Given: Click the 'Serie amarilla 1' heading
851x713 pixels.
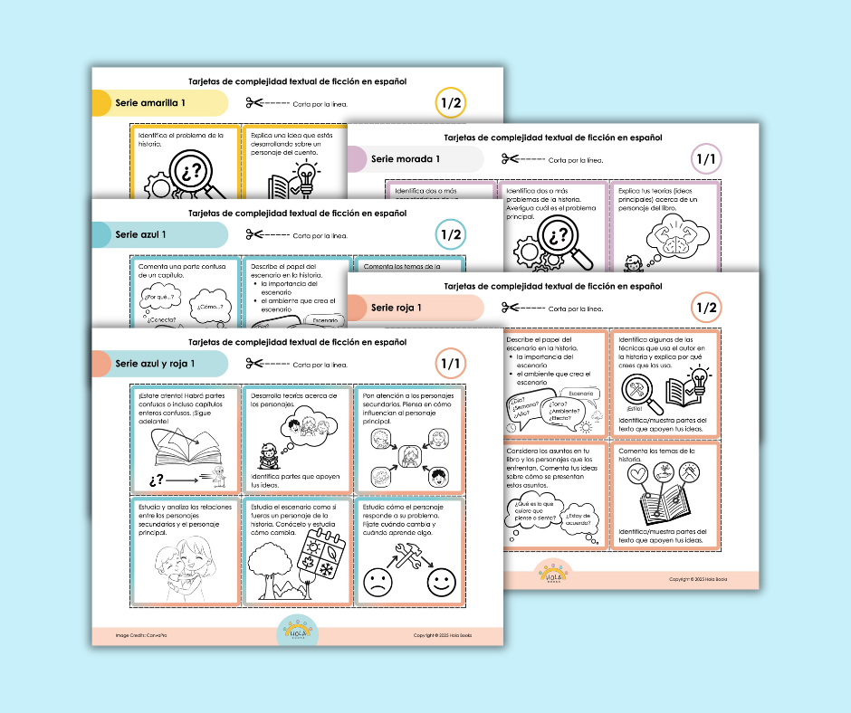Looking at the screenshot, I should [x=150, y=103].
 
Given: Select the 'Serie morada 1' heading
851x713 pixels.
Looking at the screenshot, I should [x=405, y=159].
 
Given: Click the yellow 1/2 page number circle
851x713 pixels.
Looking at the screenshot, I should [x=450, y=103].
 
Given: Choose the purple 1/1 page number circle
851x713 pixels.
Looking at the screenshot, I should [x=705, y=160].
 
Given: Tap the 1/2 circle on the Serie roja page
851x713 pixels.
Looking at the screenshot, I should [x=706, y=308].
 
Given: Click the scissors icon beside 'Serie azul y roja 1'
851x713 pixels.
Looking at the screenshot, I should [x=255, y=364].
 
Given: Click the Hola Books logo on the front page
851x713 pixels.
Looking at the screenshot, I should [x=294, y=632].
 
